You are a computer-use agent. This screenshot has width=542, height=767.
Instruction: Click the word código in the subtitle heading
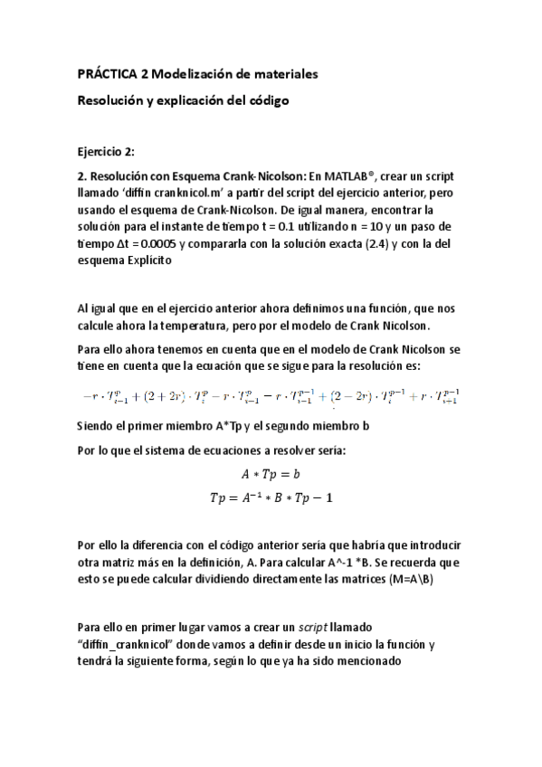pos(266,101)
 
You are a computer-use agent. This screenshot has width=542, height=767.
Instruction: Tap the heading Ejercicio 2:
pos(107,152)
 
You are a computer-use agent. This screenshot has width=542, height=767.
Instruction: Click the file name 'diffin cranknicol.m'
pos(176,194)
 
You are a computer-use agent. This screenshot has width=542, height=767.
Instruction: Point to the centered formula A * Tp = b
pos(271,473)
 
